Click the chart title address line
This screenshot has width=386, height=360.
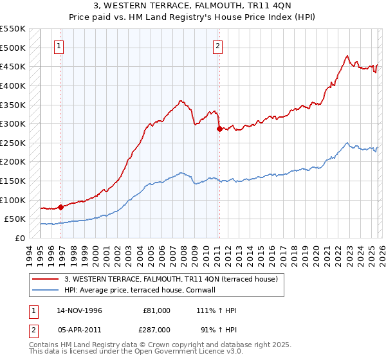192,6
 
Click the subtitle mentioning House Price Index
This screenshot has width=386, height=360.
192,17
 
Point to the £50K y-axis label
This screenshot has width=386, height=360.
15,219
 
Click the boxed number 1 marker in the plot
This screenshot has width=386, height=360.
59,46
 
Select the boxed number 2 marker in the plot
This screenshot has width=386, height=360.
218,46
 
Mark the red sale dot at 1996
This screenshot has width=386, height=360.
61,207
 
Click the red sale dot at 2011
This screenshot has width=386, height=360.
219,129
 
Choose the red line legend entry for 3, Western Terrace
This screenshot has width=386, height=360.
170,279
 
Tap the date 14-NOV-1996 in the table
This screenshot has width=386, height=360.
78,310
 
